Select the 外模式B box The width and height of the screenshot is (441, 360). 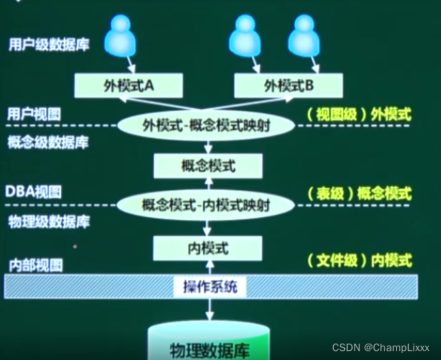[x=288, y=86]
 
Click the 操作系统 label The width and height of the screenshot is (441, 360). [x=209, y=287]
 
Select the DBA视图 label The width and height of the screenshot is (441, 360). [x=34, y=192]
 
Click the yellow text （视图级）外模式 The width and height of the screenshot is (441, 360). [x=359, y=114]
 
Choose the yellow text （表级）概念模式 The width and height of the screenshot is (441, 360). [x=359, y=193]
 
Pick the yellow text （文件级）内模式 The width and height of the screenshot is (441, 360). [x=359, y=260]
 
